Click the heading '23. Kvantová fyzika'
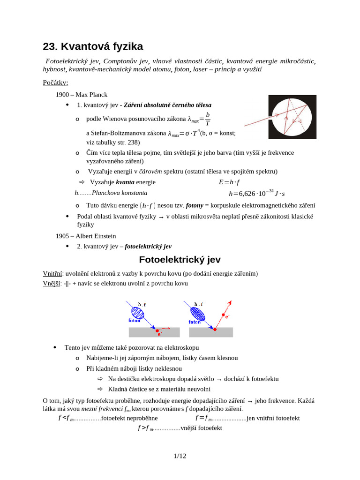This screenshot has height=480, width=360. click(x=93, y=46)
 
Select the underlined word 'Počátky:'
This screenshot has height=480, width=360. click(x=55, y=83)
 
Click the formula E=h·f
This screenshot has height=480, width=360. click(x=232, y=182)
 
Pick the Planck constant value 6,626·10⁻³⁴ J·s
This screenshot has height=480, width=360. click(x=257, y=193)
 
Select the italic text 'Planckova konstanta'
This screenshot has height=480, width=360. click(x=120, y=193)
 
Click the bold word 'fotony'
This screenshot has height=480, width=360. click(x=195, y=205)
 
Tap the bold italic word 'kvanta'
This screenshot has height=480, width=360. click(x=125, y=182)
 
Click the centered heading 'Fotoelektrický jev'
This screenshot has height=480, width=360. click(x=180, y=260)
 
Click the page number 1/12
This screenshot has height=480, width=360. click(x=180, y=456)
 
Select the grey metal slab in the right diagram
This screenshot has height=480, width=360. click(x=211, y=332)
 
